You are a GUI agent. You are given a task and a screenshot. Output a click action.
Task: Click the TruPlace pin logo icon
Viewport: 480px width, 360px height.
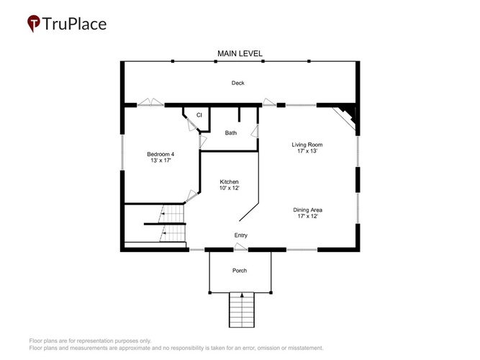tap(34, 23)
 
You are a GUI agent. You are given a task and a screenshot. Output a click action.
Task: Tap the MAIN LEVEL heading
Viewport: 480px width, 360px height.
tap(240, 53)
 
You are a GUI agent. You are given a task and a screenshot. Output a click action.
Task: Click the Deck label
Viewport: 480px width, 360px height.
tap(238, 83)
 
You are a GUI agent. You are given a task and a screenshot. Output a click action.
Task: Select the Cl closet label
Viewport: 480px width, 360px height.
tap(199, 115)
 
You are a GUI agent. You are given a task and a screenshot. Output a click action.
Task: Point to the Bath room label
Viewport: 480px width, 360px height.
tap(231, 132)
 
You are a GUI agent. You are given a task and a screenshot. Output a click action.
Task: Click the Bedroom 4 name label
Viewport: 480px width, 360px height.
tap(160, 154)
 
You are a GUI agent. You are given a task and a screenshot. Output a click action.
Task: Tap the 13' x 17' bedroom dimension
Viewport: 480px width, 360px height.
tap(160, 161)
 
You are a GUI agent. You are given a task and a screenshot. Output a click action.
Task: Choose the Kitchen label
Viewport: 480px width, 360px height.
tap(229, 181)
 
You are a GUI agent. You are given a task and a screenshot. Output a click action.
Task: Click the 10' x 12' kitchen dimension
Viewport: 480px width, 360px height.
tap(229, 188)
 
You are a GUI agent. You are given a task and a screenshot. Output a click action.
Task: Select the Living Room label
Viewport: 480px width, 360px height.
tap(307, 145)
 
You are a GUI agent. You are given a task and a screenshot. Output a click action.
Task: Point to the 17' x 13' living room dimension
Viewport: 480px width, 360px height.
tap(307, 150)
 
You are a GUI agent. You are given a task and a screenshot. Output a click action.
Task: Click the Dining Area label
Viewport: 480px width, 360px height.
tap(308, 210)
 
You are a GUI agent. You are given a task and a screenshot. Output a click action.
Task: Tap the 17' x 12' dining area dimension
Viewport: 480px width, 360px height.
tap(308, 216)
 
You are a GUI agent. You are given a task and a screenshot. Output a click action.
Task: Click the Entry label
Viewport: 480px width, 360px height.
tap(240, 235)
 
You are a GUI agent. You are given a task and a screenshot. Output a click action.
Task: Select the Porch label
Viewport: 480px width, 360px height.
tap(240, 271)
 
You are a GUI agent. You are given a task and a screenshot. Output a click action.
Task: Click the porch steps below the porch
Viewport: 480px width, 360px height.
tap(242, 310)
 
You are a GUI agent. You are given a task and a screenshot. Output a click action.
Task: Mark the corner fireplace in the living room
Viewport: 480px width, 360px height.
tap(346, 117)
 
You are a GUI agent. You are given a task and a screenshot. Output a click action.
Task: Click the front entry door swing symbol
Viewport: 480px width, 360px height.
tap(240, 247)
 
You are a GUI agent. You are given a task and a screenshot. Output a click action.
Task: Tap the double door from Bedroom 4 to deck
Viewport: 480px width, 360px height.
tap(150, 102)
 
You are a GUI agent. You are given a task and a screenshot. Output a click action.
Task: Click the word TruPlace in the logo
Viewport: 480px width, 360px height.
tap(74, 24)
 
